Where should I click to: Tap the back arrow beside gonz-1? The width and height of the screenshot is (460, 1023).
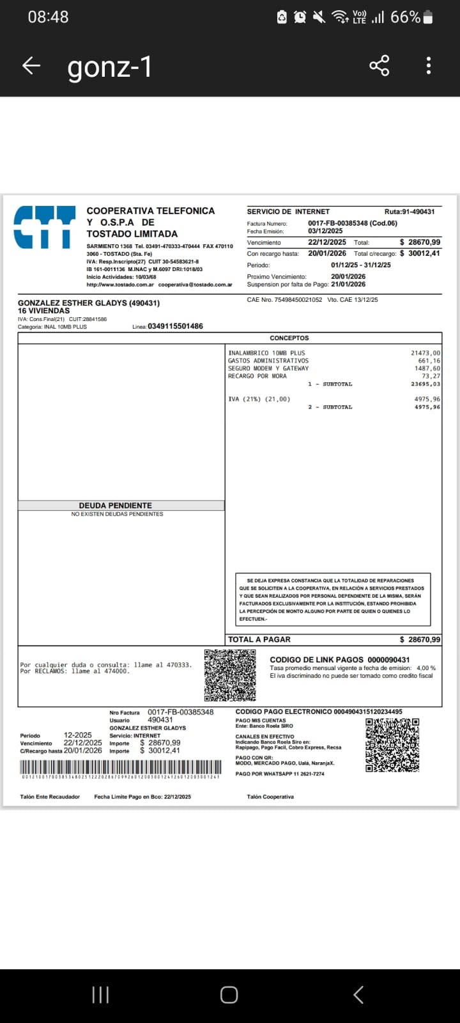(x=31, y=66)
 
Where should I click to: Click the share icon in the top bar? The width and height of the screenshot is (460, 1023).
(x=379, y=66)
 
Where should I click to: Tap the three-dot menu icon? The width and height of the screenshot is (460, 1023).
(x=429, y=66)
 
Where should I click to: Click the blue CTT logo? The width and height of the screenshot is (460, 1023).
(x=45, y=227)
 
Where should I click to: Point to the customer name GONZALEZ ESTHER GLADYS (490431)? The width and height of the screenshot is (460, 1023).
(x=89, y=303)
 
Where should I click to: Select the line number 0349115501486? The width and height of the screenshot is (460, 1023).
(x=175, y=326)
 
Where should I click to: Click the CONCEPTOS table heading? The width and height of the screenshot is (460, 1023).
(x=289, y=338)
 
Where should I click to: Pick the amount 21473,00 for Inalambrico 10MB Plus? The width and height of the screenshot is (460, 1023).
(x=425, y=353)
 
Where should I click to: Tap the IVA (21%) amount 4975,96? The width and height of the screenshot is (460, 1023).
(x=427, y=399)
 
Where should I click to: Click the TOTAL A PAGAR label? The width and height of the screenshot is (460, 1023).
(x=259, y=639)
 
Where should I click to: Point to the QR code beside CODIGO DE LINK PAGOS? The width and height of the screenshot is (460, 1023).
(x=230, y=675)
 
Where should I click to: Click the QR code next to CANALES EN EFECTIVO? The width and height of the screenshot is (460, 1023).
(x=392, y=745)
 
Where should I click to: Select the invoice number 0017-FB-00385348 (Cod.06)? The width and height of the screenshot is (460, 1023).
(x=352, y=223)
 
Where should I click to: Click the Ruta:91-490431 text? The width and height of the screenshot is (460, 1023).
(x=410, y=212)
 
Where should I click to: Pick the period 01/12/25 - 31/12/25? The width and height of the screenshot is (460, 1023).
(x=361, y=265)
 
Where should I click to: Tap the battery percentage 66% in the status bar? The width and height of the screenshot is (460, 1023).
(x=405, y=17)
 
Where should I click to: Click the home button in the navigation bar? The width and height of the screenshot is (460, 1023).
(x=229, y=994)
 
